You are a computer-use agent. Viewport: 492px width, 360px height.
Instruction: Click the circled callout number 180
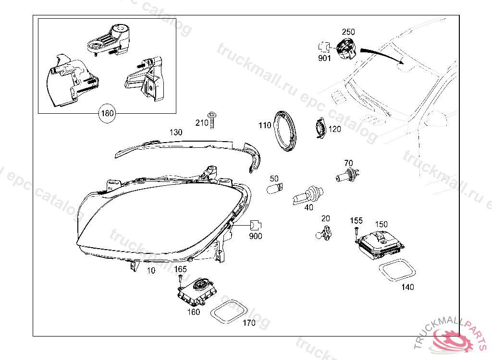pyautogui.click(x=107, y=114)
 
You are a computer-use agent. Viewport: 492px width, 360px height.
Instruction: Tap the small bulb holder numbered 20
pyautogui.click(x=323, y=233)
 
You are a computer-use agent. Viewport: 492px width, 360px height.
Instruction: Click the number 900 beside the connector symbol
pyautogui.click(x=256, y=236)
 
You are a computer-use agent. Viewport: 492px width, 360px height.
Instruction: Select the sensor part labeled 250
pyautogui.click(x=345, y=49)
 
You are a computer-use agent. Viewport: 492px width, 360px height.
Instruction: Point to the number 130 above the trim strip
pyautogui.click(x=176, y=132)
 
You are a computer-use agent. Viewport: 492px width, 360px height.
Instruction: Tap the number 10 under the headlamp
pyautogui.click(x=151, y=271)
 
